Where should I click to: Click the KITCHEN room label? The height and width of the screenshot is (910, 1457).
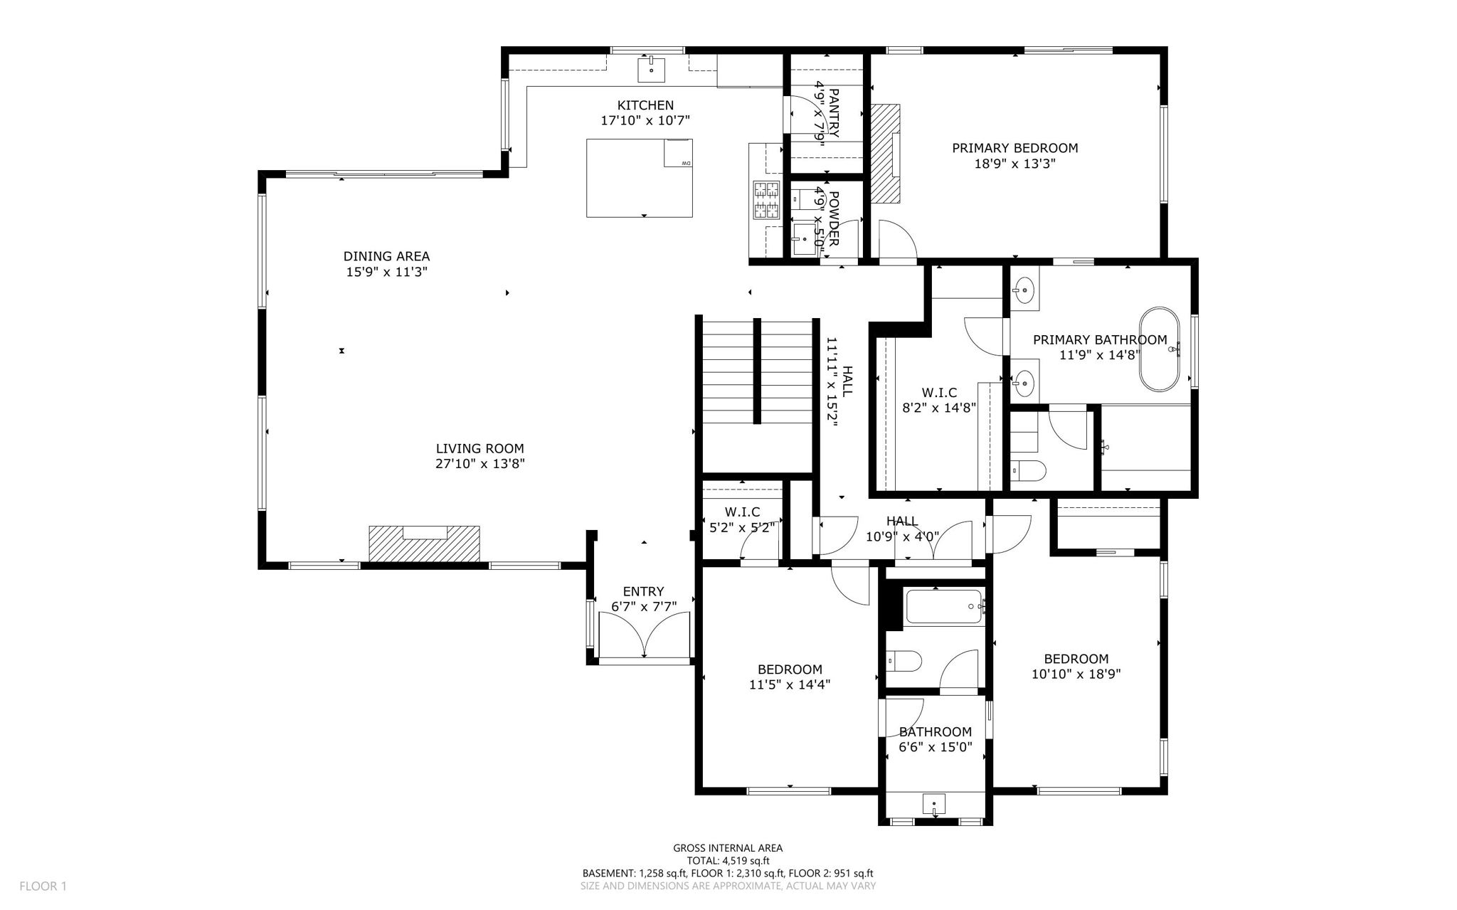tap(645, 105)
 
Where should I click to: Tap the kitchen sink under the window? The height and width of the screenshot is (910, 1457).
tap(651, 70)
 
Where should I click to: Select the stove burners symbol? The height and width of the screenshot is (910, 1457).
tap(766, 200)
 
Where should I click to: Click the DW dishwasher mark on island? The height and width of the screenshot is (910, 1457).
tap(686, 164)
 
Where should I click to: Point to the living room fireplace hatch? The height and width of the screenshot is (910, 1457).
tap(424, 545)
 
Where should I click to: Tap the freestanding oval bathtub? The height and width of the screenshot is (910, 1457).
tap(1160, 349)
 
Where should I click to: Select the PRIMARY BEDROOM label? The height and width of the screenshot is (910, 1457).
tap(1014, 148)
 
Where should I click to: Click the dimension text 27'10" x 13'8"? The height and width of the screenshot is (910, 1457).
tap(480, 464)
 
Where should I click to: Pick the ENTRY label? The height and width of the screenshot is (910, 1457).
tap(643, 591)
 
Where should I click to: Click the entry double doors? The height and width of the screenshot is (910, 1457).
tap(644, 635)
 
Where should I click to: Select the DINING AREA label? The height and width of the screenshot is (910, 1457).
tap(386, 256)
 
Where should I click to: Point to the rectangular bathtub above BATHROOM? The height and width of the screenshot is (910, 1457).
tap(943, 607)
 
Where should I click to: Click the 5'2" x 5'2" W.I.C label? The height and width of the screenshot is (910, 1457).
tap(742, 528)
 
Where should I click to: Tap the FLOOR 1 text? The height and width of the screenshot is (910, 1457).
tap(43, 886)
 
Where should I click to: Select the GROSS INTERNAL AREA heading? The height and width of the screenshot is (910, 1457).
tap(728, 847)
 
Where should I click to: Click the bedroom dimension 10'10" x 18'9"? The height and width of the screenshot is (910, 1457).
tap(1076, 674)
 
